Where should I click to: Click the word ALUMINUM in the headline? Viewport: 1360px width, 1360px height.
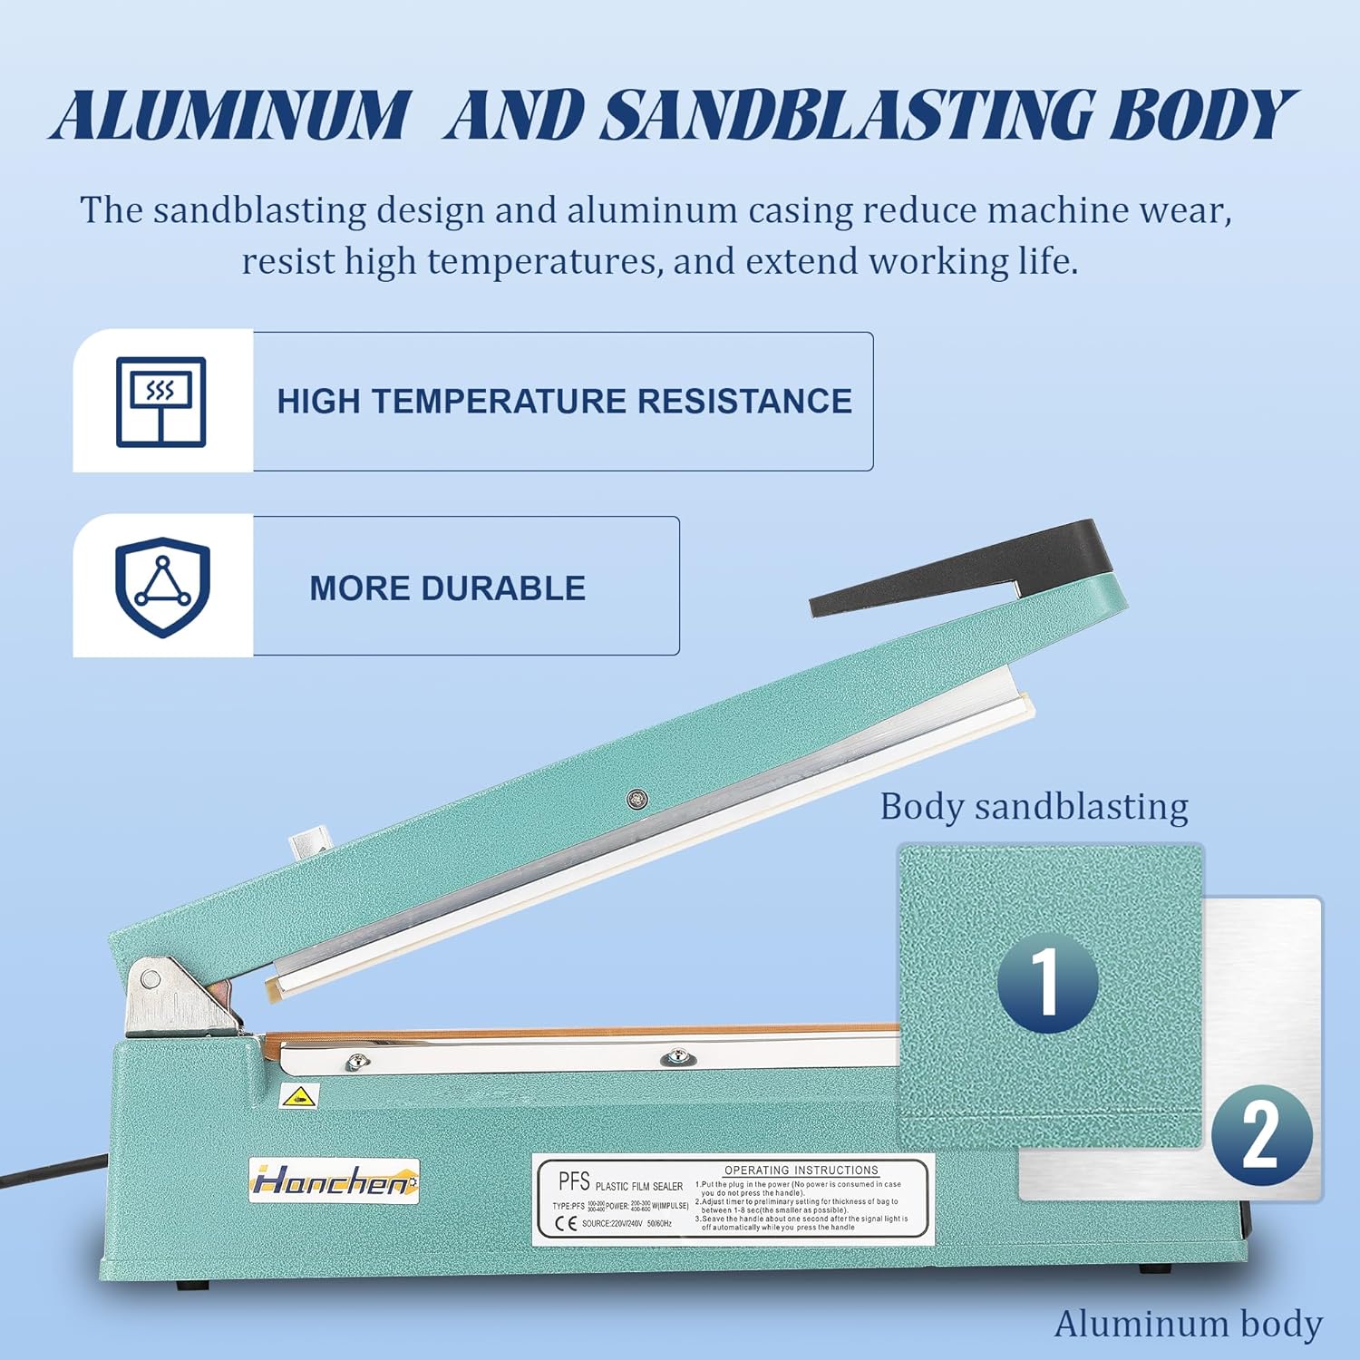228,116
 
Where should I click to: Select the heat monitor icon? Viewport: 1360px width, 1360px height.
161,402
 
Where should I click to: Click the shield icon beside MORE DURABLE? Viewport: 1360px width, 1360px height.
162,587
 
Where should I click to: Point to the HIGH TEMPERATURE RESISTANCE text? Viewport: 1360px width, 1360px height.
564,402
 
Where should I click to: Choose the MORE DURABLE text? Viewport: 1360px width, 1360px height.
447,588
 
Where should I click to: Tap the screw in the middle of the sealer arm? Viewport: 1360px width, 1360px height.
637,799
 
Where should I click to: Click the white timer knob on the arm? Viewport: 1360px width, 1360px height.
306,849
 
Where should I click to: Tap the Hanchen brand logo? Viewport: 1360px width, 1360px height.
333,1181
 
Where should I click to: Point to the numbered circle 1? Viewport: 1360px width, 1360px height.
1047,982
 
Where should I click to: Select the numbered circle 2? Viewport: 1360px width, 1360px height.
1261,1135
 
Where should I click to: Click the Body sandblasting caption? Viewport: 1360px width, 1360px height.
1034,807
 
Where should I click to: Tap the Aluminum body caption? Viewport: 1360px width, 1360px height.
1188,1324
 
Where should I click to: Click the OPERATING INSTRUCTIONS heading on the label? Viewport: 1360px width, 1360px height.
801,1171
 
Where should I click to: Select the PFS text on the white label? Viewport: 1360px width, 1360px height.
574,1180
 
